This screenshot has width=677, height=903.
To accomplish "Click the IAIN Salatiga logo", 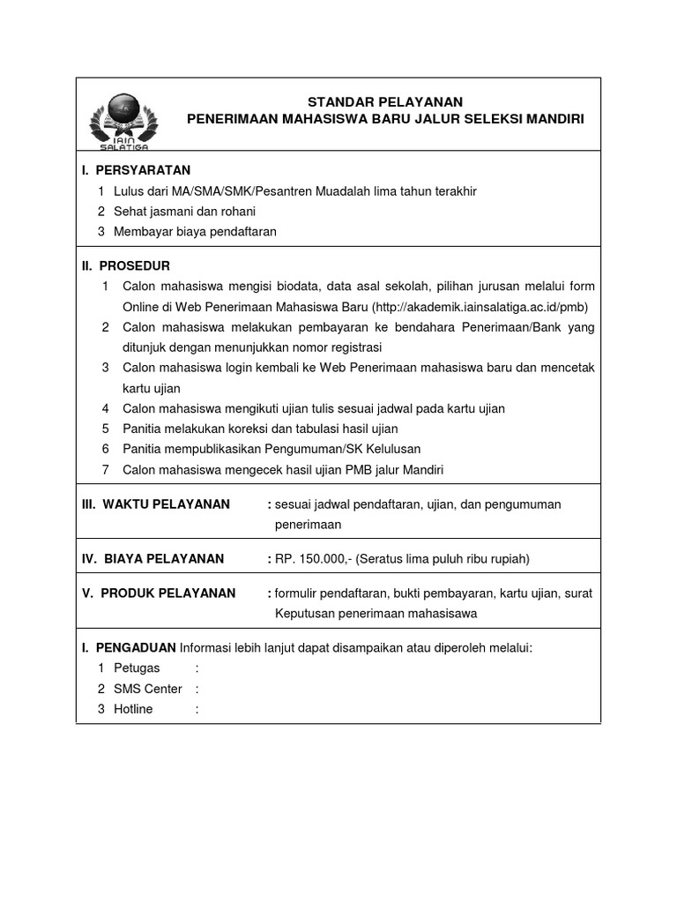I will point(123,119).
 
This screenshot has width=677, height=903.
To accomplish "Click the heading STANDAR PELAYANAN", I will point(384,102).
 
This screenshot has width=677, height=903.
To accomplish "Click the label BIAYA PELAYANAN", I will point(164,558).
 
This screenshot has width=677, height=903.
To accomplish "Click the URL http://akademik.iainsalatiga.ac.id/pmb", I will point(480,306).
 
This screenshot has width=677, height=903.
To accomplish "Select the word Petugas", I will point(137,668).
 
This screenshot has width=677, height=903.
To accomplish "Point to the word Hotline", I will point(133,709).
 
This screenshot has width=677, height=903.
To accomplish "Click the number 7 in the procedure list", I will point(105,470).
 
